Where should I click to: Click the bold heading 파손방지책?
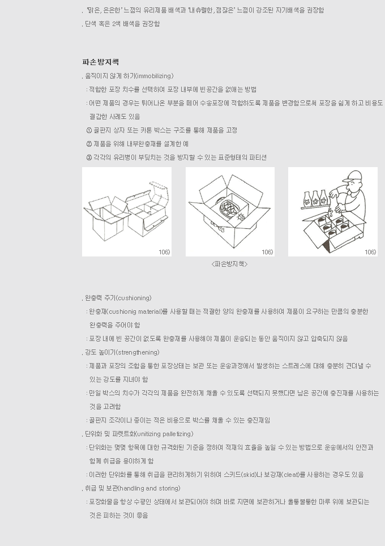(x=101, y=62)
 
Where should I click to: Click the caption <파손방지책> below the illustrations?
(x=229, y=264)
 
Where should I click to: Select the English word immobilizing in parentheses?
(x=154, y=76)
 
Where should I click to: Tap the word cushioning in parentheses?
(x=133, y=298)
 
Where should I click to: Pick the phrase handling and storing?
(x=149, y=488)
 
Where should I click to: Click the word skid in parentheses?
(x=249, y=475)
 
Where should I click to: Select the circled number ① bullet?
(x=89, y=130)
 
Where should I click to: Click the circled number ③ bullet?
(x=89, y=157)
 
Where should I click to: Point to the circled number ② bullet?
(x=89, y=144)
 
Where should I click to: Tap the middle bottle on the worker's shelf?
(x=316, y=198)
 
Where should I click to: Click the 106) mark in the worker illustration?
(x=370, y=251)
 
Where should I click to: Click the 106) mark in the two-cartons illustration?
(x=164, y=251)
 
